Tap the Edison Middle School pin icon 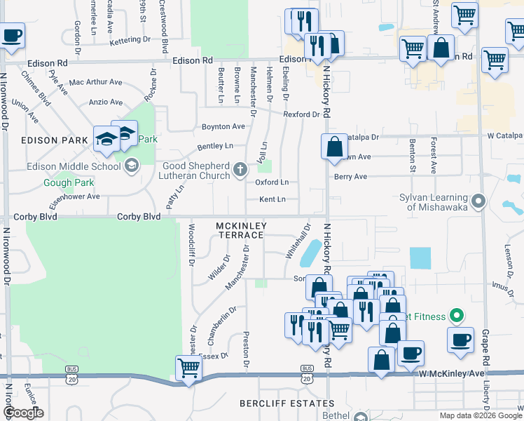click(130, 166)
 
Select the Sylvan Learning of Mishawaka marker click(478, 201)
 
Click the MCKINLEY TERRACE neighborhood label click(239, 229)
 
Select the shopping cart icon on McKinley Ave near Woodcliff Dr click(188, 368)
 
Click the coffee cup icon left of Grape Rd click(460, 340)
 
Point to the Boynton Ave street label click(223, 126)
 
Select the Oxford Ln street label click(272, 182)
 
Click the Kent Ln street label click(272, 199)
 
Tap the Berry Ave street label click(350, 177)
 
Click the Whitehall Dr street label click(297, 242)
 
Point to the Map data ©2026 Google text click(481, 415)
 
